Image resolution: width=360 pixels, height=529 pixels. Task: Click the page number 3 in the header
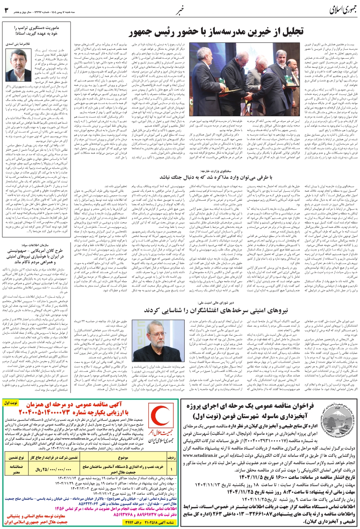point(6,10)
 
